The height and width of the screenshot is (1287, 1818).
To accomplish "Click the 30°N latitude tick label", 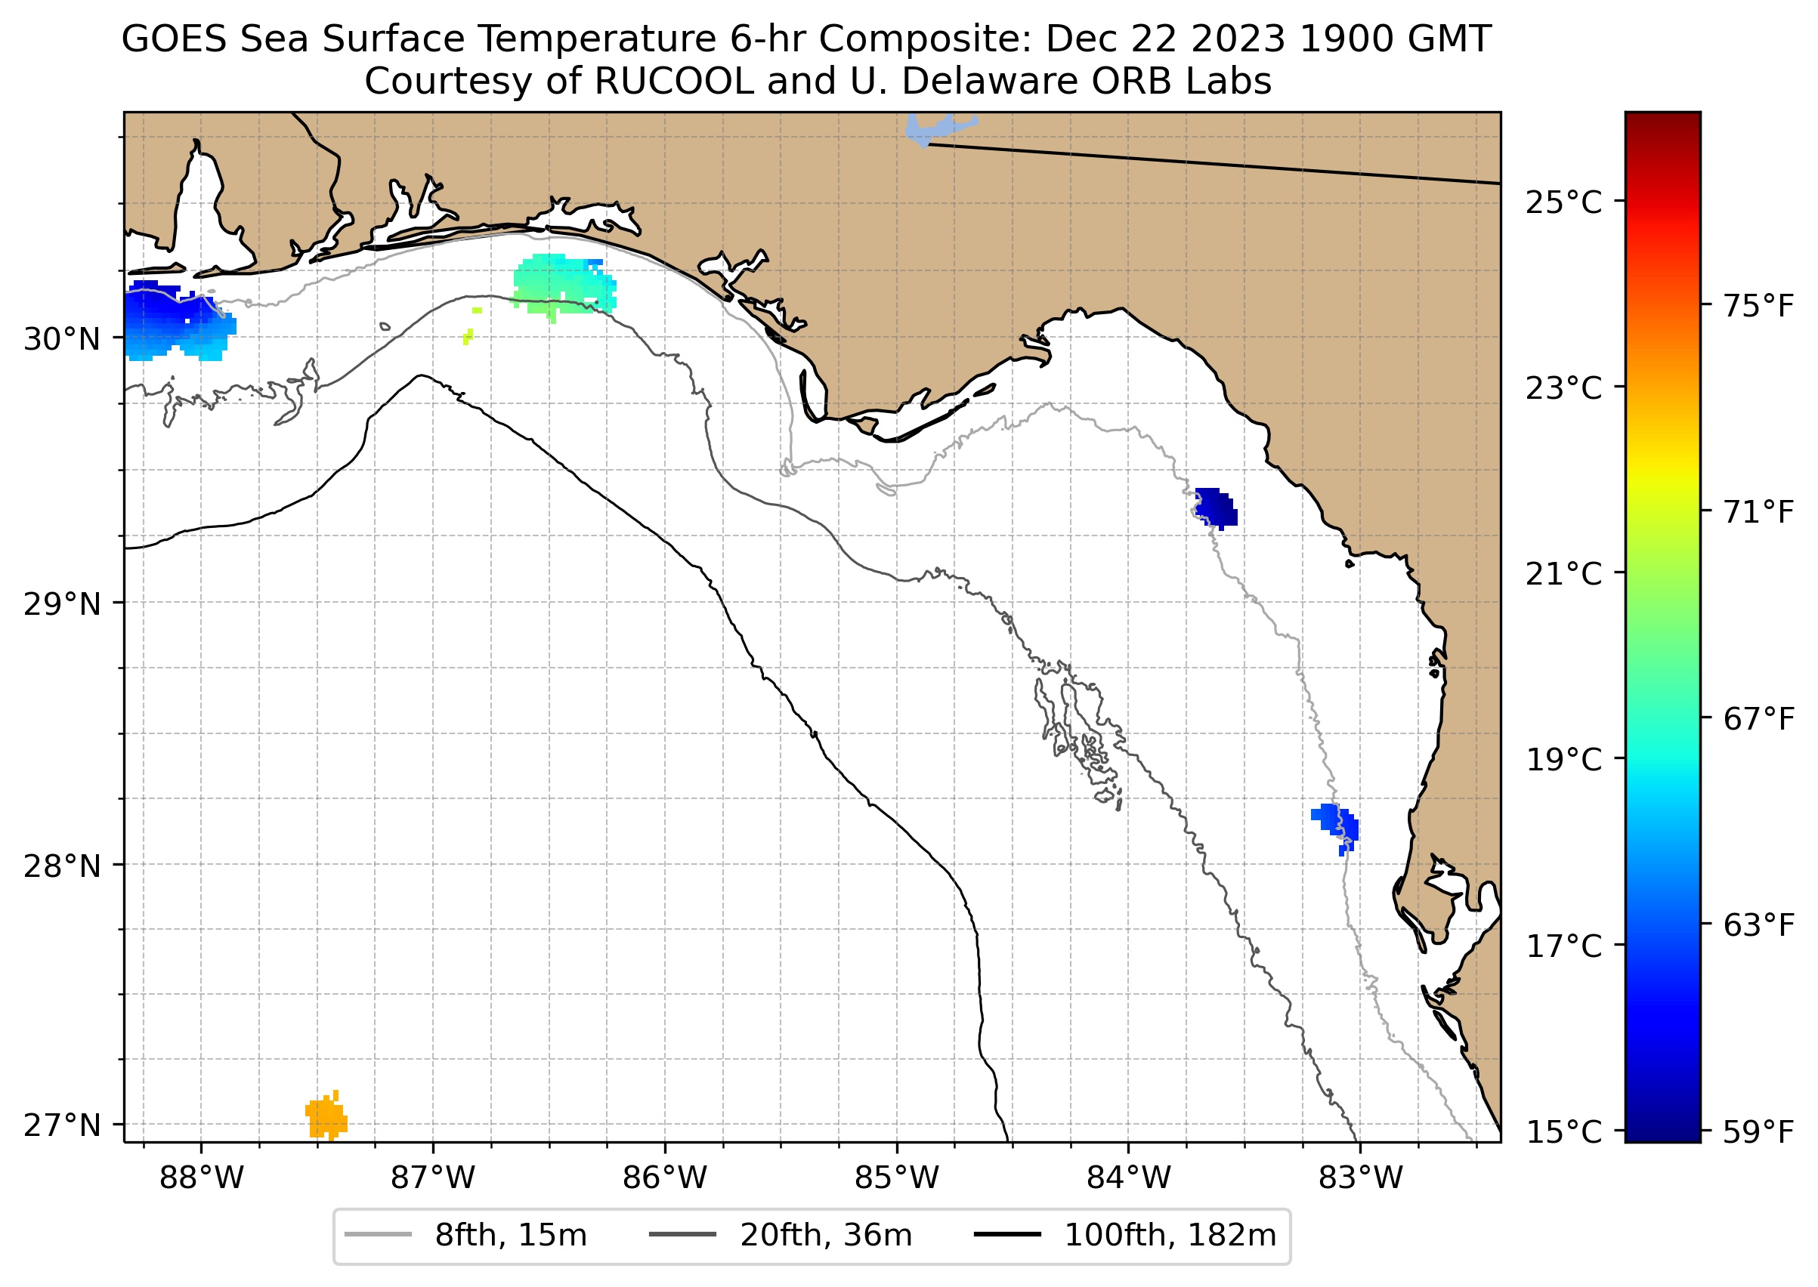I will [62, 339].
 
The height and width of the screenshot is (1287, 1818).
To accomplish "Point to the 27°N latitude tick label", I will [62, 1125].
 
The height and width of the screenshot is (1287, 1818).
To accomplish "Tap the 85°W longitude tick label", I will [897, 1178].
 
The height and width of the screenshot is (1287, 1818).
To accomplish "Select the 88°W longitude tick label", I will [202, 1178].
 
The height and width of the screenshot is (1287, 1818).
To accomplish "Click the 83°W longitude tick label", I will [1361, 1178].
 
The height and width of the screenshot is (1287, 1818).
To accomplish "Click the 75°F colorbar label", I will [1758, 306].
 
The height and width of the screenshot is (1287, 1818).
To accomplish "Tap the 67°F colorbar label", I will [1758, 720].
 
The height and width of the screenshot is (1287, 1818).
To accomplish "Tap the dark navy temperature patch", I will [1217, 508].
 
